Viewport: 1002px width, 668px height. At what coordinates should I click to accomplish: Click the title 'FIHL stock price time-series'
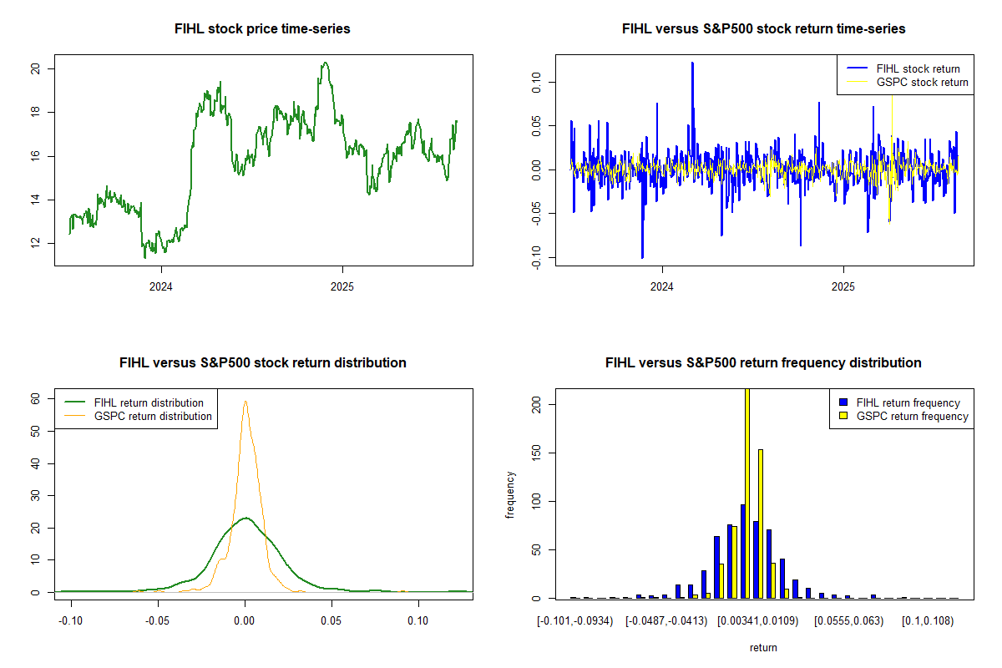point(262,29)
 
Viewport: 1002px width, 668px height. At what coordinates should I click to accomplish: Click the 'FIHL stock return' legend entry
point(918,68)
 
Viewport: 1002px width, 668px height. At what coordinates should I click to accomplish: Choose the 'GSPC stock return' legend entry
point(922,82)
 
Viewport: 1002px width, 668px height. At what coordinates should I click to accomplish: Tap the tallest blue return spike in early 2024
point(692,63)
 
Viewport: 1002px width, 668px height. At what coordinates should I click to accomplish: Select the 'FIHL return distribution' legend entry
point(149,402)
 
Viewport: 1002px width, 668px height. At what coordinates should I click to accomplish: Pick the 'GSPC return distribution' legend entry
point(152,416)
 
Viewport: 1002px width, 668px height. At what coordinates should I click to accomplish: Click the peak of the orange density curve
point(245,402)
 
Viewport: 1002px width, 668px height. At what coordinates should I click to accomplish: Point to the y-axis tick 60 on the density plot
point(36,398)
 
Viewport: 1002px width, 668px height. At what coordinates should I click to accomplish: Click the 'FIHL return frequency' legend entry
point(908,402)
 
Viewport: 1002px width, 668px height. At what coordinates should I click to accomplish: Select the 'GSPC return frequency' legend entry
point(912,416)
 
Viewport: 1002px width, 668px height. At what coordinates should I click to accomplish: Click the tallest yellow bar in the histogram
point(746,493)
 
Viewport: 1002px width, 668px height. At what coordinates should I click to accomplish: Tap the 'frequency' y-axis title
point(510,494)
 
